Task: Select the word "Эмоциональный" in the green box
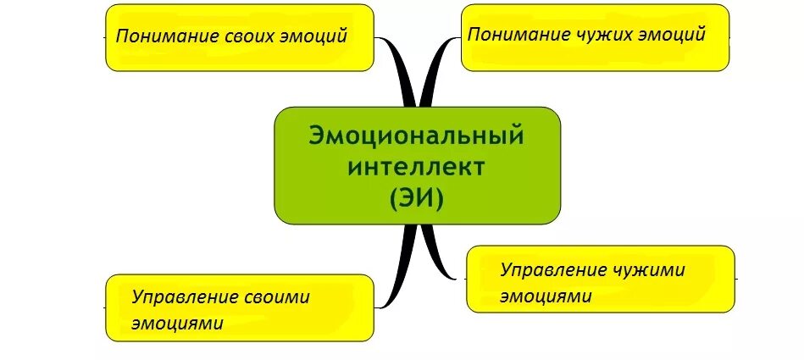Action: pyautogui.click(x=417, y=136)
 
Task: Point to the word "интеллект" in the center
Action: pyautogui.click(x=417, y=166)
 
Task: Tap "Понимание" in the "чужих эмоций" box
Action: pyautogui.click(x=517, y=34)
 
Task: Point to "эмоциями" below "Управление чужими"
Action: pyautogui.click(x=544, y=296)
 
